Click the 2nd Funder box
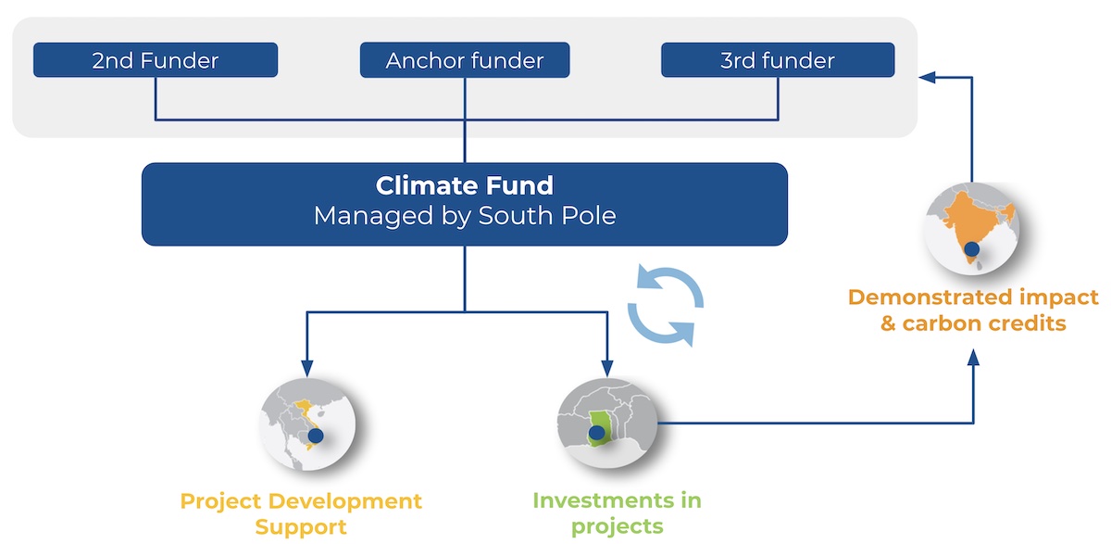tap(156, 61)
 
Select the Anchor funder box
tap(465, 61)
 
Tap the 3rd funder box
tap(778, 61)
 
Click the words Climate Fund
tap(465, 185)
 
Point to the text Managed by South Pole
tap(465, 216)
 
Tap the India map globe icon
tap(971, 226)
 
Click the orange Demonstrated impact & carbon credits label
tap(973, 310)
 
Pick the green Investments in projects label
tap(617, 512)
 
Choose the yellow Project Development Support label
tap(301, 512)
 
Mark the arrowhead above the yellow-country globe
tap(306, 363)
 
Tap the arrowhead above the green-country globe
tap(607, 363)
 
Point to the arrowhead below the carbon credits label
tap(973, 356)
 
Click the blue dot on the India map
tap(972, 248)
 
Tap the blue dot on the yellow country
tap(316, 434)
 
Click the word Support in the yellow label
tap(301, 527)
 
